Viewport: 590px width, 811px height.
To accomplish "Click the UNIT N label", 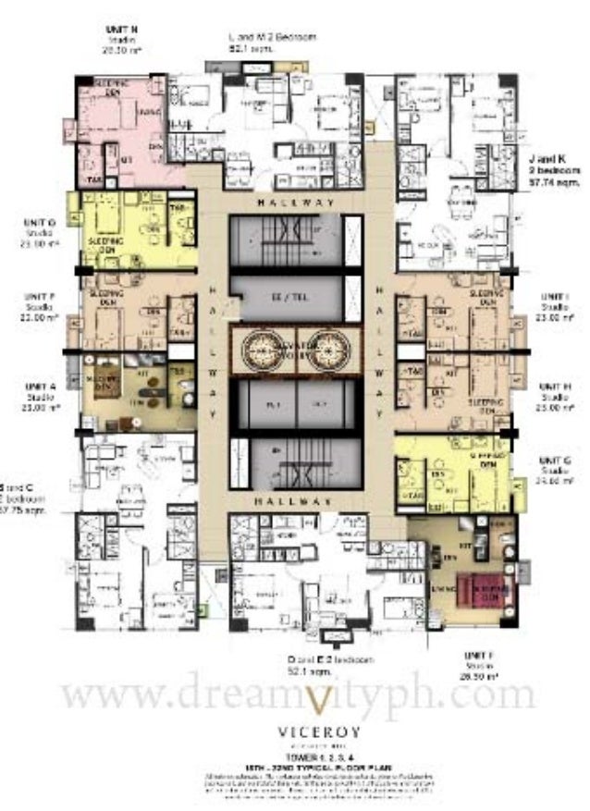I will point(122,29).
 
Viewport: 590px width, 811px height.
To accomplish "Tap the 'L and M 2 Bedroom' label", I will point(273,37).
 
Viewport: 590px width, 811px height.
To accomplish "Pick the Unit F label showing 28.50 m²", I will point(479,655).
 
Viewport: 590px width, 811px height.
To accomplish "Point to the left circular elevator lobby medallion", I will point(263,350).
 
